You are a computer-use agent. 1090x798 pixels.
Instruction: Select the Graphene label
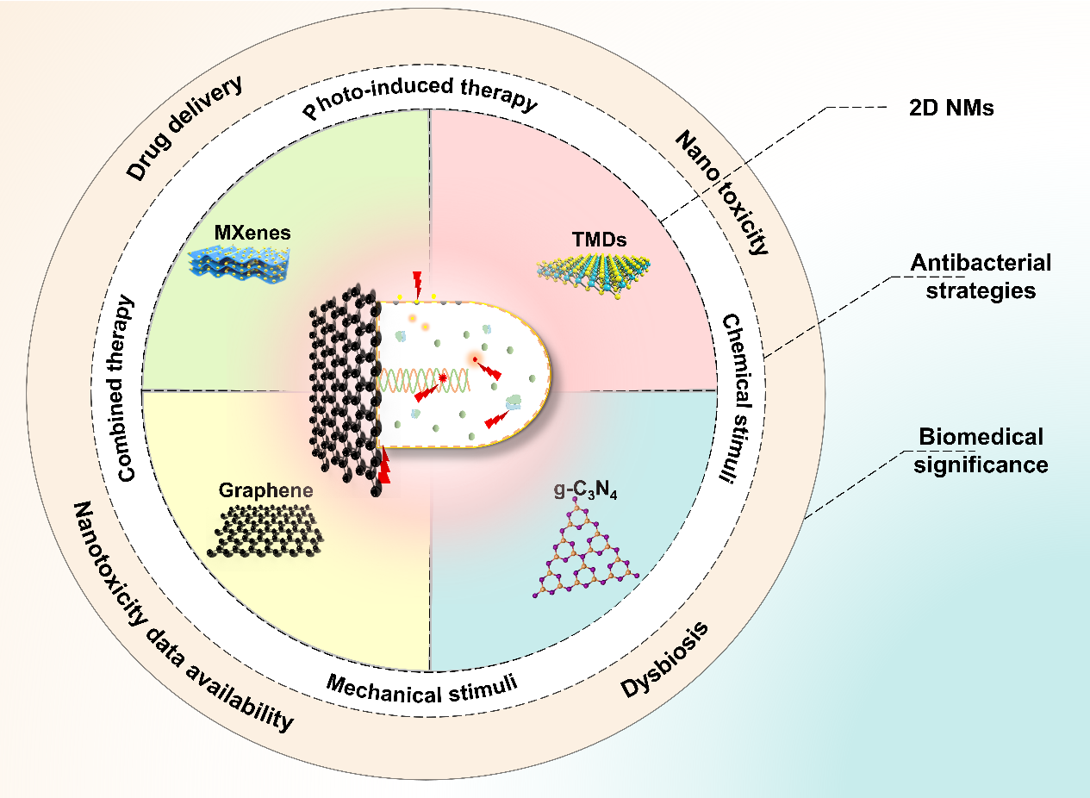pyautogui.click(x=265, y=491)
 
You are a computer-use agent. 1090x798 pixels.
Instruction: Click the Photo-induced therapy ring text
pyautogui.click(x=420, y=101)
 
